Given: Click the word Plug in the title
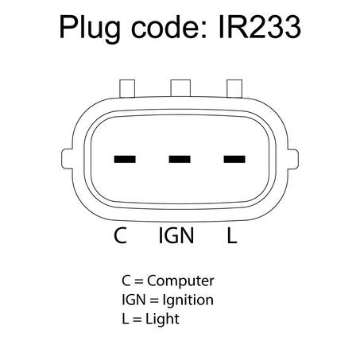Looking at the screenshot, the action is tap(90, 29).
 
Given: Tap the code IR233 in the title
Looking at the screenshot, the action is tap(260, 27).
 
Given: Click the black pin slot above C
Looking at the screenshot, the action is tap(125, 159).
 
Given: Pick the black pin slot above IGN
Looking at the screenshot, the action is tap(180, 159).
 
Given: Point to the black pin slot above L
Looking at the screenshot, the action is tap(234, 159).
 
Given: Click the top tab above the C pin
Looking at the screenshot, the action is tap(127, 88).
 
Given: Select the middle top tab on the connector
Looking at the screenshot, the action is tap(180, 88).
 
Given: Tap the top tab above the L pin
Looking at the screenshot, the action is tap(234, 88).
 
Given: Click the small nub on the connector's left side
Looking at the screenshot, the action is tap(67, 159).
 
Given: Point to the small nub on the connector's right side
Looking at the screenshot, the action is tap(293, 159).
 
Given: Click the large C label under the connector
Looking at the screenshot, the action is tap(120, 235).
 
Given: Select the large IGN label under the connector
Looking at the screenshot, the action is tap(176, 235).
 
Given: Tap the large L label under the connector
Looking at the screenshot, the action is tap(232, 235).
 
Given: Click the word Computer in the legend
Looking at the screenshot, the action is tap(180, 281).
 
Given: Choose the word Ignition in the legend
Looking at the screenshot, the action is tap(188, 300).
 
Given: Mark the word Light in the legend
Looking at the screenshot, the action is tap(162, 319).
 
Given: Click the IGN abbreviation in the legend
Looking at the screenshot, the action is tap(134, 300).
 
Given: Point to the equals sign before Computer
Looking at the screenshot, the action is tap(139, 281).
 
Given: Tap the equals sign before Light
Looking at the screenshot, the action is tap(137, 319).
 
